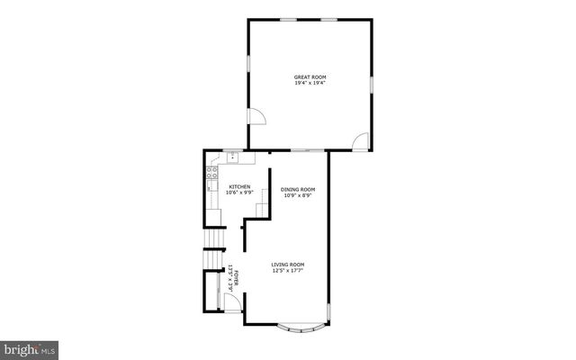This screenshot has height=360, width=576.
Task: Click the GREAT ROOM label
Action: (309, 77)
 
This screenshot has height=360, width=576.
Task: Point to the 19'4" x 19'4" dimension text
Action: (309, 84)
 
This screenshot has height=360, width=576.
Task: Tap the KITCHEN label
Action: (227, 186)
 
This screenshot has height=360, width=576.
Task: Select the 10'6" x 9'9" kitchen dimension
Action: (227, 193)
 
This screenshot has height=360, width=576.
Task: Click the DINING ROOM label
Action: (297, 189)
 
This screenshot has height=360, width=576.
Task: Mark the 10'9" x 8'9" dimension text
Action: (297, 195)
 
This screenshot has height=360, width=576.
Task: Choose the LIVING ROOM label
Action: (289, 264)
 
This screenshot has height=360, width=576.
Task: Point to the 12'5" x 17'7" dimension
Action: (289, 270)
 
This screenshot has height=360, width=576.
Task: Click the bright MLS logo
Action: (29, 347)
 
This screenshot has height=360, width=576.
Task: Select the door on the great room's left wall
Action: (256, 117)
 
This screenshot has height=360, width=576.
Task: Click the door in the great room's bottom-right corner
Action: (361, 141)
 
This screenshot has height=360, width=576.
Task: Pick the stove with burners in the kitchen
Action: (213, 177)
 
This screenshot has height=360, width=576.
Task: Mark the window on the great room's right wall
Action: (370, 84)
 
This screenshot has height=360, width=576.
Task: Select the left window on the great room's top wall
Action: (289, 19)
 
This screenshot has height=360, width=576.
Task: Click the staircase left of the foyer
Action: (211, 260)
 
